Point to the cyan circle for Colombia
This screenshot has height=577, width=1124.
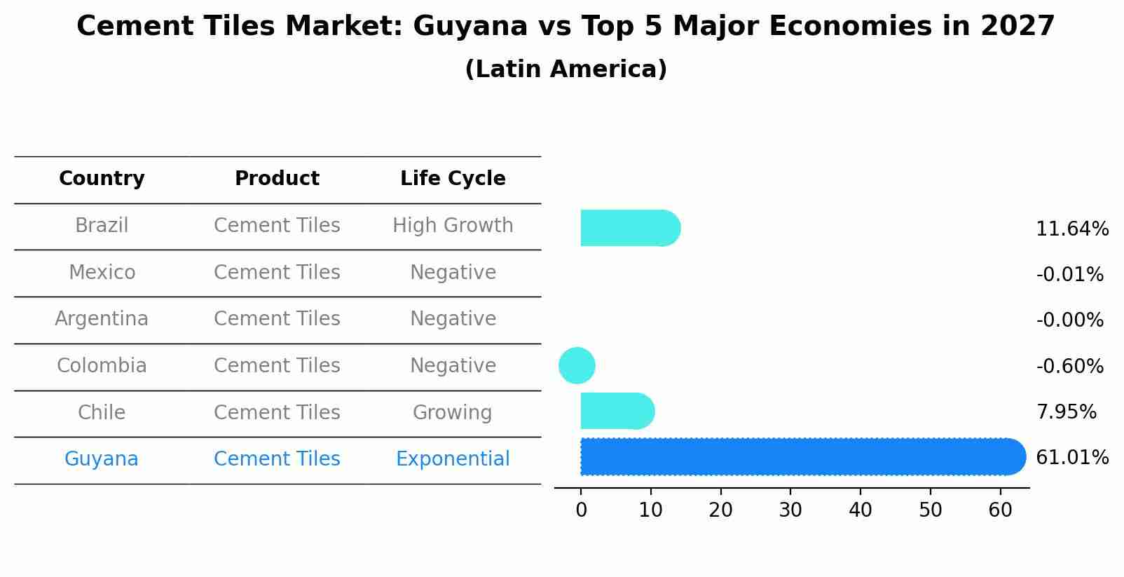[577, 365]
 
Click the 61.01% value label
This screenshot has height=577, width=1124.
[1072, 458]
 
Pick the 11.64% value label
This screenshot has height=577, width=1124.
[1072, 229]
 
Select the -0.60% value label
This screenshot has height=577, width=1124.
[1070, 366]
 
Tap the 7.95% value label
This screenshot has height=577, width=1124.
[1067, 412]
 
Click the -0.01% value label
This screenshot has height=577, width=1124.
[1070, 275]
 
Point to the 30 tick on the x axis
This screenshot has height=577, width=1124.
[790, 510]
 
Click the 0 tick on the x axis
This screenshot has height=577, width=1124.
[581, 510]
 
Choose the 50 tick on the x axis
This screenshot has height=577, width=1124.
[931, 510]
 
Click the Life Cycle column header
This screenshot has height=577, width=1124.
[453, 179]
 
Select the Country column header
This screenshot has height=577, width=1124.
[102, 179]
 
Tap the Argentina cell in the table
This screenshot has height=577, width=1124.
[102, 319]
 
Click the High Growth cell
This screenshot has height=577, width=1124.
[453, 226]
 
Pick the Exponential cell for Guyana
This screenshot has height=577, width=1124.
[453, 459]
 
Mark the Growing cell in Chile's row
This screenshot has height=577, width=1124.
[453, 412]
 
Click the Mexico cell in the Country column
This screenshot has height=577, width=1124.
[102, 272]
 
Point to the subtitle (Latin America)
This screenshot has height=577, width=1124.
[566, 69]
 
